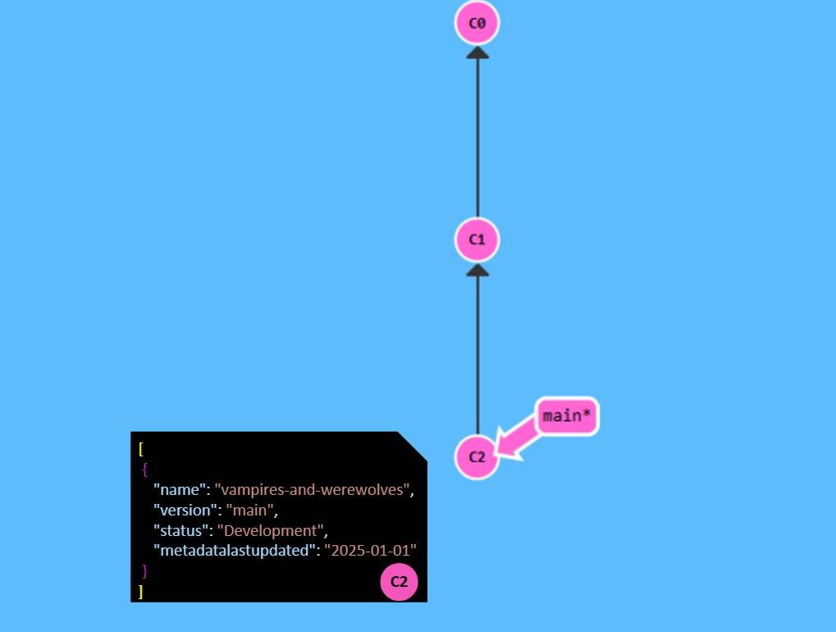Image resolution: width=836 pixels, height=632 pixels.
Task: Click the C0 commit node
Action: [477, 23]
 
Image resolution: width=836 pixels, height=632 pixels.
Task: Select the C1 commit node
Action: [477, 240]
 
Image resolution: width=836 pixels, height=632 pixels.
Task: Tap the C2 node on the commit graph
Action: [477, 457]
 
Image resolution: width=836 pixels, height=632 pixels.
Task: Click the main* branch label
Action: [566, 416]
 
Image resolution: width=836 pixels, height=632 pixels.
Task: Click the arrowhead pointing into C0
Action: [477, 53]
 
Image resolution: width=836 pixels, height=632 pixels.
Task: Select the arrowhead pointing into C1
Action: [477, 269]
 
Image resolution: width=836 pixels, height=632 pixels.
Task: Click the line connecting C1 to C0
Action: [477, 140]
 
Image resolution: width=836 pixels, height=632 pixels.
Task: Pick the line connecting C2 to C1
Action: [477, 353]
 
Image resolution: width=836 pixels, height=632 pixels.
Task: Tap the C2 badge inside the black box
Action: [399, 581]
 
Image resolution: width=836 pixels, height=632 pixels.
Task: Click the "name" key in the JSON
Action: [179, 490]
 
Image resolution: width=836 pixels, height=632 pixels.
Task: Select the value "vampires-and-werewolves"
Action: [313, 490]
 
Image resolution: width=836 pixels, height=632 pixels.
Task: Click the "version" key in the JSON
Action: [185, 510]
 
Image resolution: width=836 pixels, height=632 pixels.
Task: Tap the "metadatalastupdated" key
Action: [235, 550]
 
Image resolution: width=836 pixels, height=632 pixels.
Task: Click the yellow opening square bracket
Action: [141, 448]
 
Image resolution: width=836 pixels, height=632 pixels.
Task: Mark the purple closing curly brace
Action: [144, 570]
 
